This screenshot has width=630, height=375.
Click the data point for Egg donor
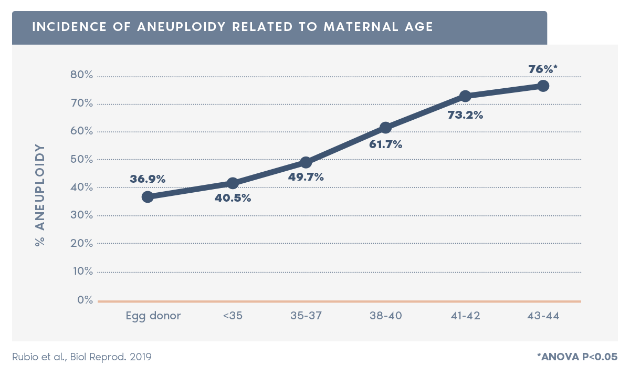[148, 197]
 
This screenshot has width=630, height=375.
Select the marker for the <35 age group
[233, 183]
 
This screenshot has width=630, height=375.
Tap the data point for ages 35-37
[306, 162]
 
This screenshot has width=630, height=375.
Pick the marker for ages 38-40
[385, 128]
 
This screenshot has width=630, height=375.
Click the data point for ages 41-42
[465, 96]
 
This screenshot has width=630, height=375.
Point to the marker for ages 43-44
[543, 86]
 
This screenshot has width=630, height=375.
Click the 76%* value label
[542, 69]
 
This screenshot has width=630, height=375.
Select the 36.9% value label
[148, 179]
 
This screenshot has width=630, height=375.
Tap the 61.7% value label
[385, 144]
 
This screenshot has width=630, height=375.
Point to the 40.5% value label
[233, 199]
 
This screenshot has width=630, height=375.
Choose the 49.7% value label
[306, 177]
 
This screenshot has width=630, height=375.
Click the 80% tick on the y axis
[81, 75]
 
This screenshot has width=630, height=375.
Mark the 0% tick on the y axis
[85, 300]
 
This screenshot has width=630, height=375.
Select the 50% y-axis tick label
[81, 159]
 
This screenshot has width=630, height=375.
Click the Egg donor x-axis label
[153, 316]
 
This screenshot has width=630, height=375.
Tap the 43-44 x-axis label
[543, 316]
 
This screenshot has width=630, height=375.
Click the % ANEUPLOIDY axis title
[40, 195]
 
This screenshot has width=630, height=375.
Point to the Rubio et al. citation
[81, 357]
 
